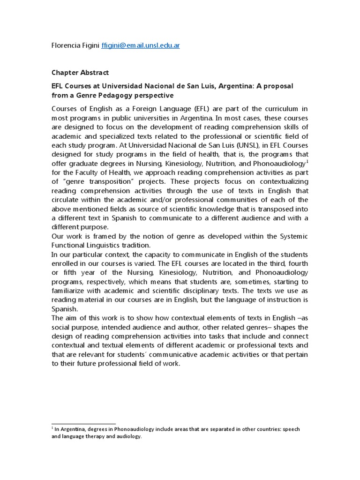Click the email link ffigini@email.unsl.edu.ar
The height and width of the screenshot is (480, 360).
(x=141, y=45)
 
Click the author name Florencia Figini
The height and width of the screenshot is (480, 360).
(x=75, y=45)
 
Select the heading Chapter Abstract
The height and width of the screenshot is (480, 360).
(x=80, y=73)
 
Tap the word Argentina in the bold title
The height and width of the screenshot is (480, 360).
(x=238, y=87)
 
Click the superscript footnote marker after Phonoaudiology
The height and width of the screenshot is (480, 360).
(x=307, y=161)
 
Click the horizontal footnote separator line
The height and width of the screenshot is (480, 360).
(x=83, y=424)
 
